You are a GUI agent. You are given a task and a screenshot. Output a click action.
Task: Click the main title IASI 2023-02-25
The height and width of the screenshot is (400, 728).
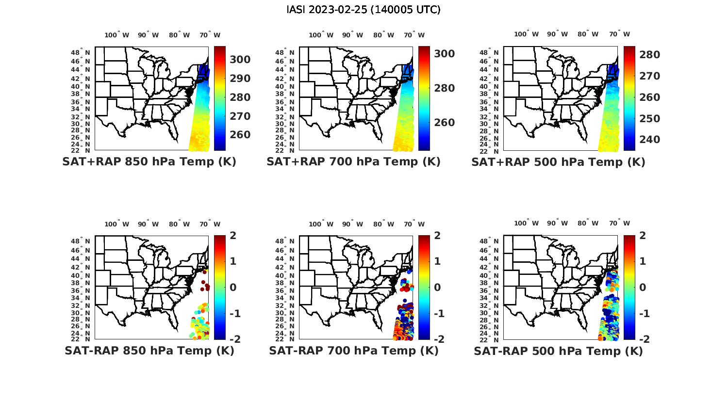click(x=364, y=10)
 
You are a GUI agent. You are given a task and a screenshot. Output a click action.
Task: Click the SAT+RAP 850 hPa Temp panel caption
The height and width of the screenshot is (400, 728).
click(x=149, y=161)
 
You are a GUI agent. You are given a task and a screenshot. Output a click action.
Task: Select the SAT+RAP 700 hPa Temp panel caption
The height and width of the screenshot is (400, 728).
click(x=353, y=161)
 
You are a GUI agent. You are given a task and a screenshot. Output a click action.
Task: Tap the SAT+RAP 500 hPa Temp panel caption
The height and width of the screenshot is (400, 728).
click(x=558, y=162)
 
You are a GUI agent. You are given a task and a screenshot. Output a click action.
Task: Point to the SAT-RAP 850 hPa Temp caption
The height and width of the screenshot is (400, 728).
click(x=149, y=351)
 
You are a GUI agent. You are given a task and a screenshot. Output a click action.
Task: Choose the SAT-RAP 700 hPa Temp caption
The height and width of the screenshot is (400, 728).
click(x=353, y=351)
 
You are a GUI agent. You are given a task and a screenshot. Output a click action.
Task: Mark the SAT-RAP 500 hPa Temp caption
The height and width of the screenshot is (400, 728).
click(x=558, y=351)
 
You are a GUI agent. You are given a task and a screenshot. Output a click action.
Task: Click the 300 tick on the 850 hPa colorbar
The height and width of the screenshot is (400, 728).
click(x=240, y=60)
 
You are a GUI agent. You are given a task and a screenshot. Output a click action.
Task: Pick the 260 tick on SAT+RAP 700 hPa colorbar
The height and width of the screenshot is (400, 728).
click(x=444, y=123)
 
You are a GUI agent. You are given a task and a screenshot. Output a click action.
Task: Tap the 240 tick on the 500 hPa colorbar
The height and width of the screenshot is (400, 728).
click(x=649, y=140)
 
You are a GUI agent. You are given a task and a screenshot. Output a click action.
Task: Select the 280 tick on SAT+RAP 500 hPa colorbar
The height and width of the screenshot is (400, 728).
click(x=649, y=55)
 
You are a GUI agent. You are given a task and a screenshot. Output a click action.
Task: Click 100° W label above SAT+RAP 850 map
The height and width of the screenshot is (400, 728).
click(x=117, y=35)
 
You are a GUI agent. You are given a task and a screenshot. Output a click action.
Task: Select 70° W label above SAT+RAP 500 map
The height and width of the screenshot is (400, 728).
click(x=620, y=34)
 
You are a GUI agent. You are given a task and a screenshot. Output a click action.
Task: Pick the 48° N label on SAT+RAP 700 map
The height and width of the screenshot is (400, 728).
click(x=285, y=52)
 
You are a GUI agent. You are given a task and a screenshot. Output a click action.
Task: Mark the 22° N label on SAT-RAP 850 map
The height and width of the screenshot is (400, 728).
click(x=81, y=339)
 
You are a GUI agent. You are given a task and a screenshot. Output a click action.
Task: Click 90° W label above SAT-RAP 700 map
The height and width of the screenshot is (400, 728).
click(x=352, y=224)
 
